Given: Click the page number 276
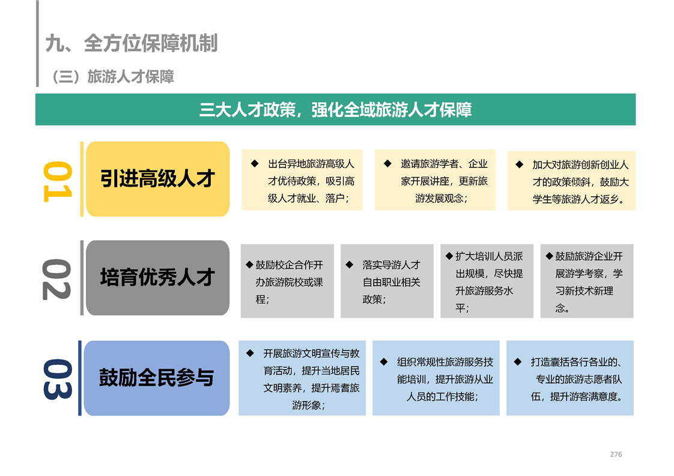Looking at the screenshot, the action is pos(616,454).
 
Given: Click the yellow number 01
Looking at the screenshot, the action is pos(57,181).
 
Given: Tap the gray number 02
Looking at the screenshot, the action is pos(56,279).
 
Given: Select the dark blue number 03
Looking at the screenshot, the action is pos(58,379).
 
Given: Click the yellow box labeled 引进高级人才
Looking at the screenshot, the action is pos(158,179).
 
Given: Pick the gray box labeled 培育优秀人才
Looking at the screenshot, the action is pos(158,277).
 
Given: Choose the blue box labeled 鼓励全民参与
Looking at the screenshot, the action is pos(157,378).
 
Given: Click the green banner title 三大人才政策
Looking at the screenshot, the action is pos(335,110).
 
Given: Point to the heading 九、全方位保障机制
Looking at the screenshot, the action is pos(132,43).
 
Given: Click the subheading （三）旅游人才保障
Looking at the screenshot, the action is pos(112,76).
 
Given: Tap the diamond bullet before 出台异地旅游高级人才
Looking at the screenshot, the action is pos(255,164).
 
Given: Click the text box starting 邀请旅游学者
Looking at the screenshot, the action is pos(435,180).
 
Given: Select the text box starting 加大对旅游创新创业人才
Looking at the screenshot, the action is pos(572,181).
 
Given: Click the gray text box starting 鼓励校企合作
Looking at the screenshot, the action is pos(287,282).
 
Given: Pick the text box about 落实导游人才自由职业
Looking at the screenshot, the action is pos(387,282).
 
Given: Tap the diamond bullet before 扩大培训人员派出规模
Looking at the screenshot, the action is pos(449,256).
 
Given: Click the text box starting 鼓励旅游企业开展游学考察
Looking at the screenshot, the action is pos(587,282).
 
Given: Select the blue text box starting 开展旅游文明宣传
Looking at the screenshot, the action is pos(302,378).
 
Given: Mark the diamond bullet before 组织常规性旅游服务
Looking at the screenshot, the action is pos(384,362).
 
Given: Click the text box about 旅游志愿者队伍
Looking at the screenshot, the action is pos(570,378).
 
